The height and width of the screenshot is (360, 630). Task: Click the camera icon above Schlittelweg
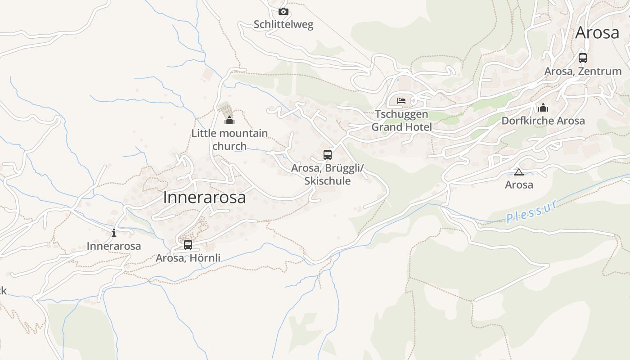point(283,12)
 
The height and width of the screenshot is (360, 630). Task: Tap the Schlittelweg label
point(283,24)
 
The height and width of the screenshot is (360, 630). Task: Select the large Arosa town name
point(597,33)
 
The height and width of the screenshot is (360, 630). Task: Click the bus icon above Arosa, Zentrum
point(583,58)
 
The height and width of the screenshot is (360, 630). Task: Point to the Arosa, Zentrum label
point(583,71)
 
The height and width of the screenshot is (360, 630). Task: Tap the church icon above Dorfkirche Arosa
point(543,108)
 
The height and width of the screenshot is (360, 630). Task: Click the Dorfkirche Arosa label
point(543,121)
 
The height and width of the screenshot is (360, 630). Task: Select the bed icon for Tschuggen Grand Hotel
point(401,100)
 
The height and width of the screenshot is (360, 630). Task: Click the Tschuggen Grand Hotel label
point(401,121)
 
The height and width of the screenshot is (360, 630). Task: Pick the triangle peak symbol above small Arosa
point(519,172)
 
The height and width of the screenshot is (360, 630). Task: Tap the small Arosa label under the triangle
point(519,184)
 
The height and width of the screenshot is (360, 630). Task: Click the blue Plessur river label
point(532,211)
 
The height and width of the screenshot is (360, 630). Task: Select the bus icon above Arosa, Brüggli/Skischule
point(328,155)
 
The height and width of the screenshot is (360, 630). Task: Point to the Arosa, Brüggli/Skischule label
point(328,174)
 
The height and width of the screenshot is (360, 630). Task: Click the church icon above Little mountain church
point(229,120)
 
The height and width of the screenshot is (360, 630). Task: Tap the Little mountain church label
point(229,139)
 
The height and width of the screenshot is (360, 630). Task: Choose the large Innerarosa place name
point(204,197)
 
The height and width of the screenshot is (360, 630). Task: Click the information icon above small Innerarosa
point(114,233)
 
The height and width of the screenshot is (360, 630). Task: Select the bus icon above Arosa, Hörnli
point(188,245)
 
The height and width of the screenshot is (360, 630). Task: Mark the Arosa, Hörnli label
point(188,258)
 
